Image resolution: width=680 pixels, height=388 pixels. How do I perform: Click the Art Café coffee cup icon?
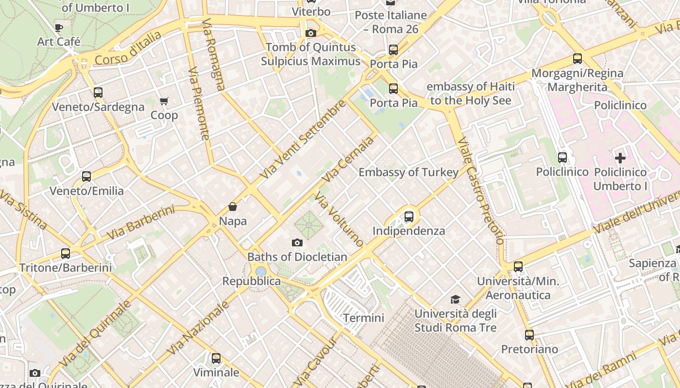[59, 28]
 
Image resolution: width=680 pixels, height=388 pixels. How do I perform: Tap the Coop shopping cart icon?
[164, 101]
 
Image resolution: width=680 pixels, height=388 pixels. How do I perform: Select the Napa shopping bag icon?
[233, 207]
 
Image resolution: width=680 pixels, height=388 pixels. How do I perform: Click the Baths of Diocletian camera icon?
[297, 242]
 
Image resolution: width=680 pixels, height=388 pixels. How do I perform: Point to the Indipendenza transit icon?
[409, 217]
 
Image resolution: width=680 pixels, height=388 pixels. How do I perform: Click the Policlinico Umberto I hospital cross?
[620, 158]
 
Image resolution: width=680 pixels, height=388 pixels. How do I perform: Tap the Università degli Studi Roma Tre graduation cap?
[455, 299]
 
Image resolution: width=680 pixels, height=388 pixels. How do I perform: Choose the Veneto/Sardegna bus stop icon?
[98, 93]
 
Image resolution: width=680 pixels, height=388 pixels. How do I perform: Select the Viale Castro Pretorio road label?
[481, 192]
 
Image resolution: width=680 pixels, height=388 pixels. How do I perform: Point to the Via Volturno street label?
[339, 219]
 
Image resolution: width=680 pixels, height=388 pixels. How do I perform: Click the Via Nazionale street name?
[198, 327]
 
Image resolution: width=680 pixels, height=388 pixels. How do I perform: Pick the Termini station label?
[363, 318]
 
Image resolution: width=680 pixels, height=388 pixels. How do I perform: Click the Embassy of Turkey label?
[408, 172]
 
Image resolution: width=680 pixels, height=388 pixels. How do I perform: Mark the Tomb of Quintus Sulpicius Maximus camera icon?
[311, 33]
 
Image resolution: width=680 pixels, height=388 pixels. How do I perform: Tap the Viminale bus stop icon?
[216, 358]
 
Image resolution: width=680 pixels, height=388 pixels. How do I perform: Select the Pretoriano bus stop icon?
[529, 335]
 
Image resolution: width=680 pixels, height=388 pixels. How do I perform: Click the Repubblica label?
[251, 281]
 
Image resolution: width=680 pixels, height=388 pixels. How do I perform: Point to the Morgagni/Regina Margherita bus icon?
[578, 59]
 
